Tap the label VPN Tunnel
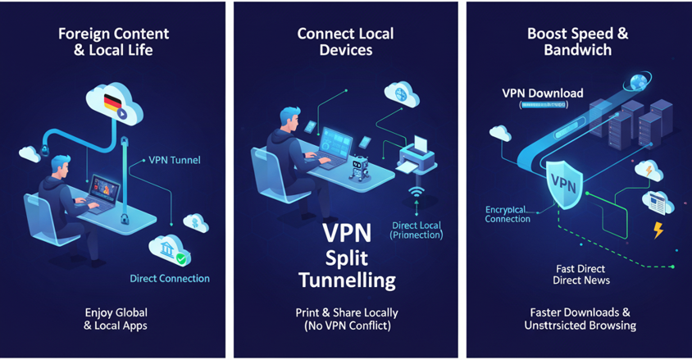174,160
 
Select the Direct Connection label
170,279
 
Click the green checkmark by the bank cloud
183,259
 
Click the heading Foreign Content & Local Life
113,42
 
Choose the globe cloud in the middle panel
401,93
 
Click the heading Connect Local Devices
345,42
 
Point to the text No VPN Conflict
345,326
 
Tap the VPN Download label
542,93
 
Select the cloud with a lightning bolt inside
648,171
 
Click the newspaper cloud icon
658,202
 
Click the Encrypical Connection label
508,214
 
